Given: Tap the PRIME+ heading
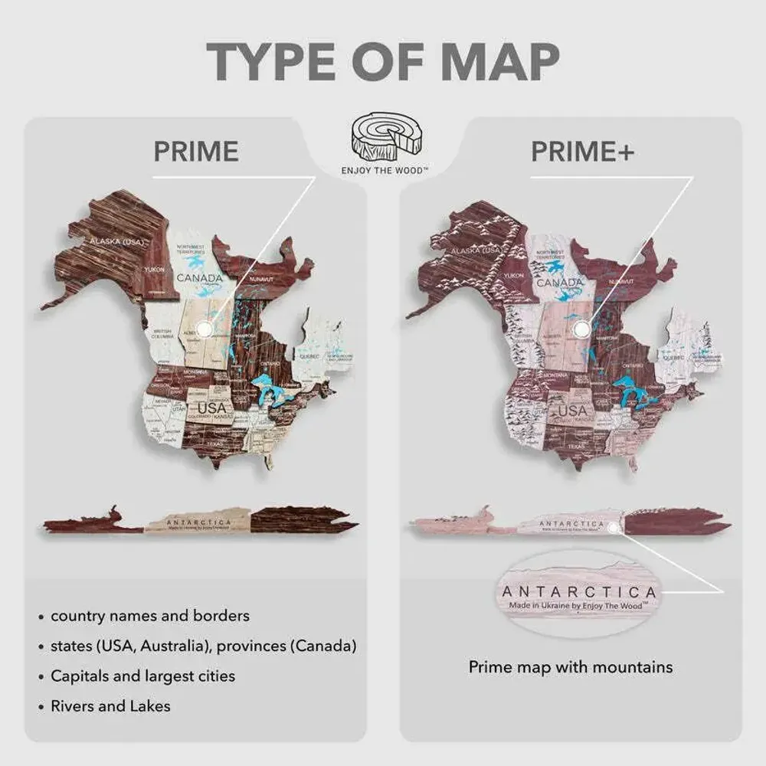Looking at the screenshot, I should point(582,152).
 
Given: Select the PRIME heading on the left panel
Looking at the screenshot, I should point(196,152).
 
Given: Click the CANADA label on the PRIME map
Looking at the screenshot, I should point(198,278).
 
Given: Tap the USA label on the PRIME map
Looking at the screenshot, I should point(212,408).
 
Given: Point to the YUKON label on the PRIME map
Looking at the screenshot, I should point(155,269).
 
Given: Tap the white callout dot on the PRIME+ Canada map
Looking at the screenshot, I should point(582,329).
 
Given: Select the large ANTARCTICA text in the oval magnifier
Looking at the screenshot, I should point(578,592).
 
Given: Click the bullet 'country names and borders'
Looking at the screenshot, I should point(149,616).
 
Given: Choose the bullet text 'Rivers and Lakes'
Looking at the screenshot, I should point(110,706).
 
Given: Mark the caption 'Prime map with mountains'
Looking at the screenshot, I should point(571,667).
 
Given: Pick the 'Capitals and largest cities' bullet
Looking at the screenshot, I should point(142,676).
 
